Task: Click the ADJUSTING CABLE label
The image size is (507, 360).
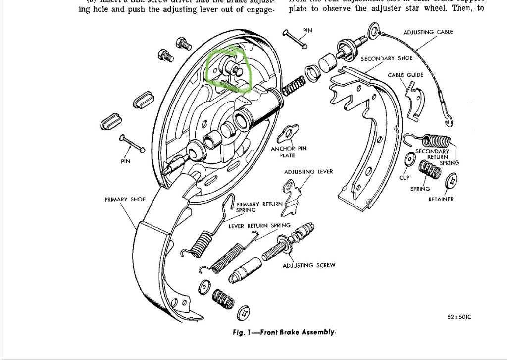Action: click(x=428, y=32)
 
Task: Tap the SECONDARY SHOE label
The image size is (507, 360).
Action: click(x=386, y=58)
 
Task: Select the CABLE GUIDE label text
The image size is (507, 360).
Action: click(x=406, y=75)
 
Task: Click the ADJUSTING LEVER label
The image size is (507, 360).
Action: click(x=308, y=172)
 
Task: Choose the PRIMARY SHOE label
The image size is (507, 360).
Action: click(x=125, y=199)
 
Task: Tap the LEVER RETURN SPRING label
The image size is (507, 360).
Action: click(x=259, y=226)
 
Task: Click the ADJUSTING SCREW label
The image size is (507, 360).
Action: click(x=308, y=265)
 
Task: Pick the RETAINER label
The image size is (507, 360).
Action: click(x=441, y=199)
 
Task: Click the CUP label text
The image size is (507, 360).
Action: click(x=405, y=177)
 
